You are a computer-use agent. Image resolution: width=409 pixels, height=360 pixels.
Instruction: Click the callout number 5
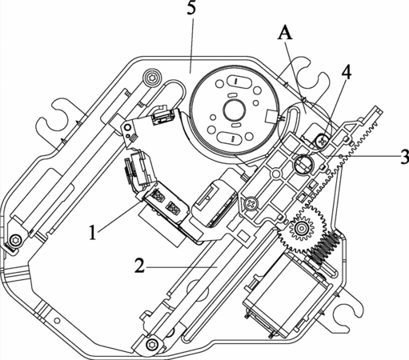[191, 8]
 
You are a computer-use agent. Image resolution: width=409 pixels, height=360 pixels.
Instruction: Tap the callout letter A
[285, 34]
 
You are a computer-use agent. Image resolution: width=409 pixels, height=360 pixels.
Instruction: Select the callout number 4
[346, 71]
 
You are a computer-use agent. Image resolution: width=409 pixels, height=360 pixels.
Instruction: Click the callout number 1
[92, 232]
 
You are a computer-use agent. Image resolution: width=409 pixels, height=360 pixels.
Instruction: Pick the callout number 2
[139, 266]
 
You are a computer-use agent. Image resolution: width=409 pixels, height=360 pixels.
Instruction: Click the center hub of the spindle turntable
[235, 110]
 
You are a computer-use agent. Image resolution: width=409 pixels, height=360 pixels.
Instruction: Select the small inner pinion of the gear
[302, 228]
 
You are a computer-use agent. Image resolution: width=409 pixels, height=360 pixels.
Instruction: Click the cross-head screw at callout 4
[321, 140]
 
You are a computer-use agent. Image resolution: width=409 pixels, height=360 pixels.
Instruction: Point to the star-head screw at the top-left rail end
[152, 78]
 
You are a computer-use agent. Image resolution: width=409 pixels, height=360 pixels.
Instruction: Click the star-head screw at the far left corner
[14, 241]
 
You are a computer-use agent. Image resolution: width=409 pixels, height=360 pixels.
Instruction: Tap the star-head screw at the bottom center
[152, 345]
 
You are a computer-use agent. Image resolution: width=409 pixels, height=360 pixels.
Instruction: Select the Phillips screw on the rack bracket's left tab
[251, 204]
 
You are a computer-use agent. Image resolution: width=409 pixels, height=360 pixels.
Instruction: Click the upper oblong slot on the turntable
[236, 81]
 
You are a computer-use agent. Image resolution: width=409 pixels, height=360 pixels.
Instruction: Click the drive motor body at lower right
[286, 293]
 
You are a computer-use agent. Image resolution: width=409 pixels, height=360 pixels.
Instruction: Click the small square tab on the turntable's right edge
[271, 117]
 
